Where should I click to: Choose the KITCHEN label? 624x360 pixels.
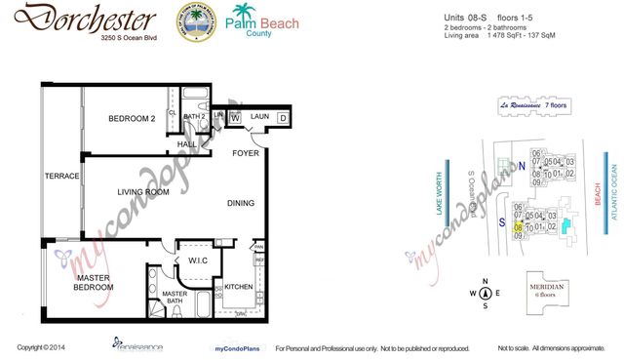(239, 288)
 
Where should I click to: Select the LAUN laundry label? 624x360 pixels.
(258, 117)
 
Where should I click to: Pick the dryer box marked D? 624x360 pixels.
(283, 118)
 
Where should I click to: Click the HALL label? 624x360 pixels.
(187, 144)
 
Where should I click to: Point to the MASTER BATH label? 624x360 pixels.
(175, 298)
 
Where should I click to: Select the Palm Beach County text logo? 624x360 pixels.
(261, 20)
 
